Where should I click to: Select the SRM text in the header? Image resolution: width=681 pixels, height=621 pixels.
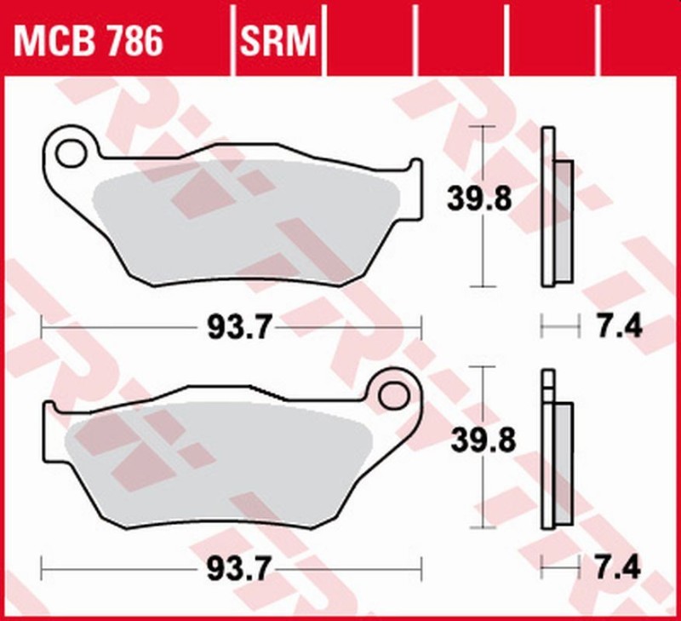tap(279, 40)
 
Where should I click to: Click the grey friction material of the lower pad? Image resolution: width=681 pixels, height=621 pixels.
tap(213, 460)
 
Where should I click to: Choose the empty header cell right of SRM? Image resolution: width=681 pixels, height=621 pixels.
tap(369, 40)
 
